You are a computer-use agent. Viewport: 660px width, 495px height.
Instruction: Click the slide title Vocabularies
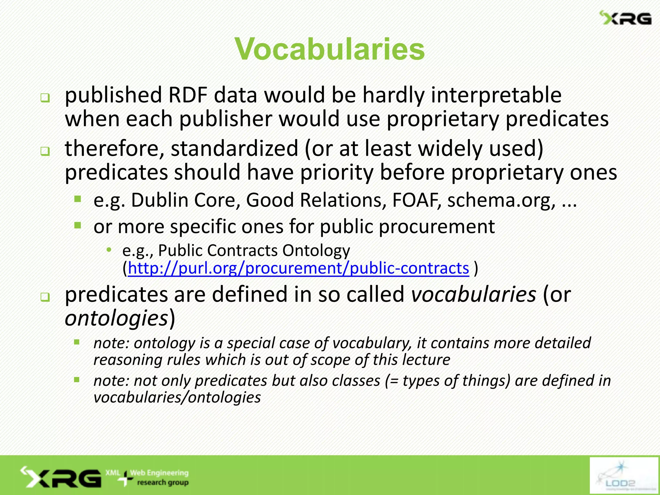click(330, 49)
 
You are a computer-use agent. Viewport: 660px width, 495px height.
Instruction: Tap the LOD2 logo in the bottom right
click(624, 475)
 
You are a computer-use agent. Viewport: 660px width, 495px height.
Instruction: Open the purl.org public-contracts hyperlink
click(298, 268)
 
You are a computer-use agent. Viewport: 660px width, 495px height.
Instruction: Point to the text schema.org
click(501, 200)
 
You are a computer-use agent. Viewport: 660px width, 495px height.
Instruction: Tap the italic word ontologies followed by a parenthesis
click(116, 318)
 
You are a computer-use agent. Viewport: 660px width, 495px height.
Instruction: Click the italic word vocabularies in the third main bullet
click(473, 294)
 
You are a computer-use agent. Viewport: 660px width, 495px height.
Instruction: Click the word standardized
click(234, 149)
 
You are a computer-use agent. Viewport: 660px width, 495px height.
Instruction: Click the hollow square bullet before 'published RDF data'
click(45, 98)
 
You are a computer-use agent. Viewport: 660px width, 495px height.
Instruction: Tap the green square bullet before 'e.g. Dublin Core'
click(77, 199)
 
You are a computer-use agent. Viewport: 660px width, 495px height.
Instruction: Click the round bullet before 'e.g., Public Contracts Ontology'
click(109, 249)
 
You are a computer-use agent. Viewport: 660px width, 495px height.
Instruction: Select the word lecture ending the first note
click(426, 360)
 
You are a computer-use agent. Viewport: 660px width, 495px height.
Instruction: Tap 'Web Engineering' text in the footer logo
click(160, 473)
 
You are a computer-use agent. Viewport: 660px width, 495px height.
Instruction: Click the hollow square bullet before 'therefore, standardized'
click(45, 151)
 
